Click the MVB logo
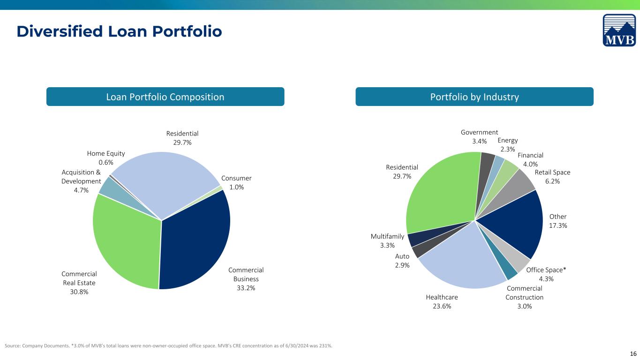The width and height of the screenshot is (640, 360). (x=619, y=30)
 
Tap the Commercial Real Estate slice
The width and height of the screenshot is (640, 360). (x=126, y=240)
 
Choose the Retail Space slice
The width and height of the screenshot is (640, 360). (x=514, y=188)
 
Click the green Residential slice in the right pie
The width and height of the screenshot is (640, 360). (x=440, y=194)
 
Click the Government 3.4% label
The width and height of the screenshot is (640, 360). (x=479, y=136)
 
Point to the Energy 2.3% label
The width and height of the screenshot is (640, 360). (x=508, y=144)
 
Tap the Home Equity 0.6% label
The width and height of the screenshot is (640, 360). (x=105, y=157)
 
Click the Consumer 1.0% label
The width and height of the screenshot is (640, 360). (x=236, y=182)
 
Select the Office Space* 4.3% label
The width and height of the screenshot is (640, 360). (x=546, y=274)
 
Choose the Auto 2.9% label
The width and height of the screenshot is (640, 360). (x=402, y=261)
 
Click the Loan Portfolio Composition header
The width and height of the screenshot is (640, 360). (x=165, y=97)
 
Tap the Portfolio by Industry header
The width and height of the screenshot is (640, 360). (x=474, y=97)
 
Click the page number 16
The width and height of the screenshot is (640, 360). (x=633, y=354)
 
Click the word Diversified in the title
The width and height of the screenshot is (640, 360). (x=60, y=31)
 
